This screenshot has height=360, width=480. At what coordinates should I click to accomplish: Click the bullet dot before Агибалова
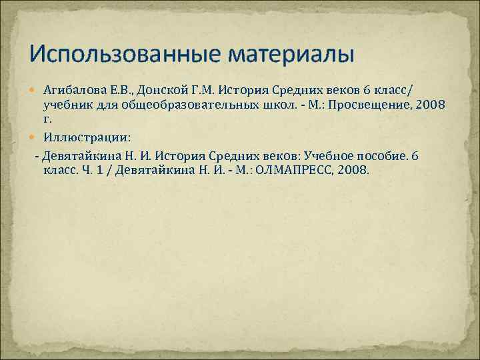pyautogui.click(x=35, y=90)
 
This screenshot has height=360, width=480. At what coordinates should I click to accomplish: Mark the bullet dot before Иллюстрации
pyautogui.click(x=35, y=138)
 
